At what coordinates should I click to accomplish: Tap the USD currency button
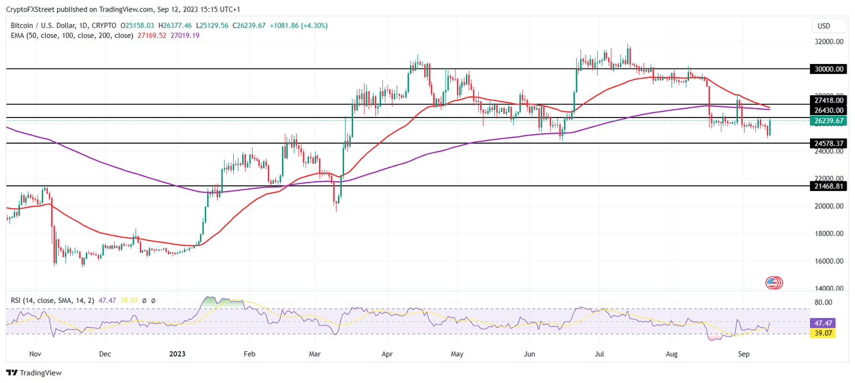pos(823,26)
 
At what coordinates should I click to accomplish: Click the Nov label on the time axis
pos(35,353)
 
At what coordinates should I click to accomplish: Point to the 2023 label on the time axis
pos(178,353)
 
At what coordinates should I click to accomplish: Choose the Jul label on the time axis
pos(600,353)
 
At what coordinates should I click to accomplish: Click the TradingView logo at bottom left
pos(34,373)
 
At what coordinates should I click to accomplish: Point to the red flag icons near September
pos(774,282)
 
